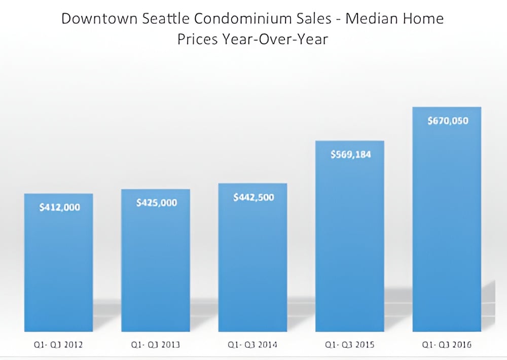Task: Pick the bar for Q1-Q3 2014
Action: tap(253, 264)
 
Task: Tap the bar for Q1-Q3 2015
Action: tap(350, 243)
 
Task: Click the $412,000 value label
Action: tap(59, 207)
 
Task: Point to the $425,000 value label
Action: tap(157, 203)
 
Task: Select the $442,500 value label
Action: tap(253, 197)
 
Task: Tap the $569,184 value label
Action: tap(351, 154)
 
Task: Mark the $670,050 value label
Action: tap(448, 121)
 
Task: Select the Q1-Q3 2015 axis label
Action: tap(350, 345)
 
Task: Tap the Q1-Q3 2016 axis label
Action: tap(447, 345)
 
